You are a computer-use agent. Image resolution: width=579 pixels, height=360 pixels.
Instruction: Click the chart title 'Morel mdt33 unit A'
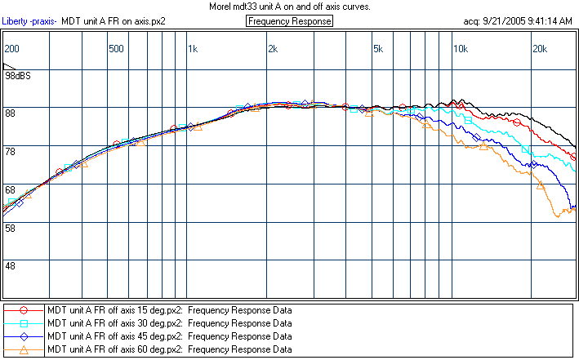click(x=290, y=6)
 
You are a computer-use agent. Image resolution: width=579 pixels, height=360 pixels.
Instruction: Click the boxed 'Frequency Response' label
click(x=289, y=21)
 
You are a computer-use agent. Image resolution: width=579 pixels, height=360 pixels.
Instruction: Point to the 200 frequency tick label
click(x=12, y=49)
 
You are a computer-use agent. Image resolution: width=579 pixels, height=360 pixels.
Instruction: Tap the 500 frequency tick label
click(x=117, y=49)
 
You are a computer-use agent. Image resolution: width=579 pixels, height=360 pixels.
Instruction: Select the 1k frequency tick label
click(x=193, y=49)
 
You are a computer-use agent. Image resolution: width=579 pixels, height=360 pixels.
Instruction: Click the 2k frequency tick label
click(x=272, y=49)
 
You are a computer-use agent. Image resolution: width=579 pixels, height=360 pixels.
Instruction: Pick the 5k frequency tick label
click(x=377, y=49)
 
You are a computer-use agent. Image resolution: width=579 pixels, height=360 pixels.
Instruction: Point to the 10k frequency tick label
click(x=460, y=49)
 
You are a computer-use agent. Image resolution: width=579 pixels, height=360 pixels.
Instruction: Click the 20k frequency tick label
click(x=540, y=49)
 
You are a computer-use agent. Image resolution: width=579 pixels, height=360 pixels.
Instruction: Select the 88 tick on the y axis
click(x=11, y=113)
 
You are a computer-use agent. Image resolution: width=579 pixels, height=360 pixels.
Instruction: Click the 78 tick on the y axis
click(x=11, y=151)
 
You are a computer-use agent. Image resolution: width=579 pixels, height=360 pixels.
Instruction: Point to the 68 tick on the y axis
click(x=11, y=189)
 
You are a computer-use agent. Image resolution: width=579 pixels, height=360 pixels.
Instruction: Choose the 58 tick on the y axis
click(x=11, y=228)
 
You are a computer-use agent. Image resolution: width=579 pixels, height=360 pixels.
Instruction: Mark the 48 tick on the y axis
click(x=11, y=266)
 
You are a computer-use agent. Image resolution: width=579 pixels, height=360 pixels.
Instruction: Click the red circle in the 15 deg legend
click(x=24, y=310)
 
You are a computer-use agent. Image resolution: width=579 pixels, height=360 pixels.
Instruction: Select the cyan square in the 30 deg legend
click(x=24, y=323)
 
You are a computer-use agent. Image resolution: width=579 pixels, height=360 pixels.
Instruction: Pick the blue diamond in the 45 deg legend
click(x=24, y=336)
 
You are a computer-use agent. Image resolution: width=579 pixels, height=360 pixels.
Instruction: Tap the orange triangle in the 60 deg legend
click(x=24, y=349)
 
